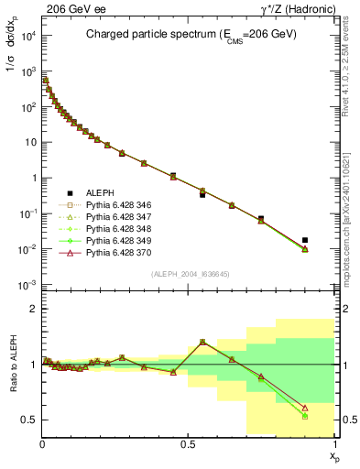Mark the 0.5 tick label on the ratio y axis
pos(27,420)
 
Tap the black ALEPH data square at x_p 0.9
pos(304,240)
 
